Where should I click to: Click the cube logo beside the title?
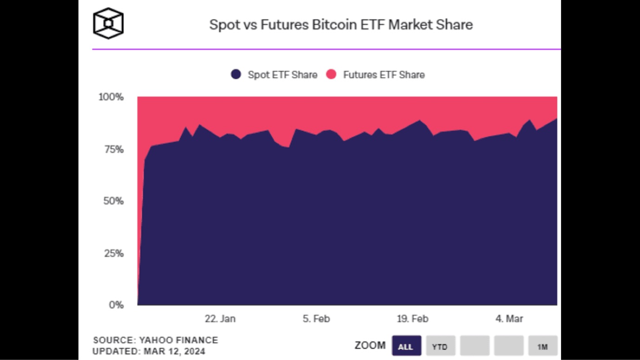point(109,23)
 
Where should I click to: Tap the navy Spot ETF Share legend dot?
point(236,74)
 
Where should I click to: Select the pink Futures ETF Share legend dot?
point(331,74)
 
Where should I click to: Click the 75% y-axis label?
point(113,149)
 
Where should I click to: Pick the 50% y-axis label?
point(113,201)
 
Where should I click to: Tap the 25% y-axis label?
point(113,253)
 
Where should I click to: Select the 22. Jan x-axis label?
point(220,319)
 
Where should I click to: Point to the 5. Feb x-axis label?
point(316,319)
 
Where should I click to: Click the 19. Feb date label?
point(413,319)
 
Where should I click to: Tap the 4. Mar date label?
point(509,319)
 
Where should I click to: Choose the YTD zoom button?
point(440,347)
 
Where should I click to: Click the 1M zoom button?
point(542,347)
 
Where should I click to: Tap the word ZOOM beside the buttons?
point(370,346)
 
